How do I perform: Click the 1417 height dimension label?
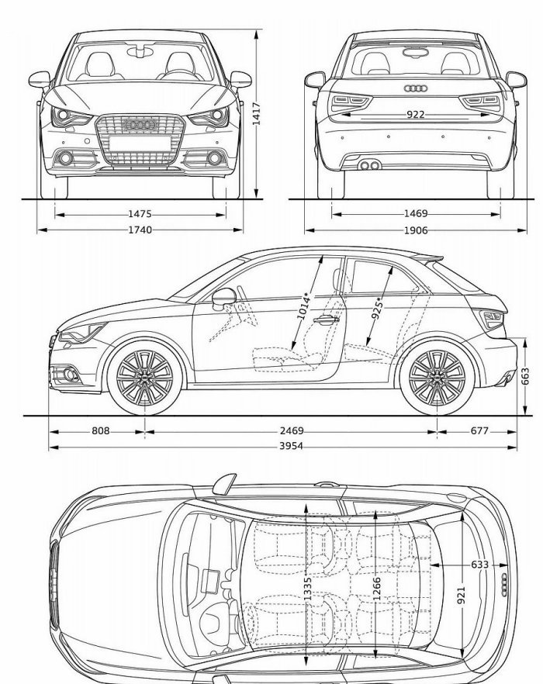(x=257, y=113)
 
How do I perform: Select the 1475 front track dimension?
(x=140, y=214)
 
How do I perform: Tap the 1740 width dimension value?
(x=140, y=230)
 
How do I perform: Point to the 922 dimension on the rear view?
(x=415, y=114)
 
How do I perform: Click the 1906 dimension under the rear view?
(x=415, y=230)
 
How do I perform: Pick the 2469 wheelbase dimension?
(x=291, y=430)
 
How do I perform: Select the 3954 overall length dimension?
(x=291, y=446)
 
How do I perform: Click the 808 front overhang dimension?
(x=100, y=430)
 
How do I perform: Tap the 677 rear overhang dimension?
(x=479, y=430)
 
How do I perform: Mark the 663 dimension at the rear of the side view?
(x=525, y=376)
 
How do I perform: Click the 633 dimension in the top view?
(x=479, y=565)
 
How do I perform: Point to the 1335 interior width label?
(x=307, y=589)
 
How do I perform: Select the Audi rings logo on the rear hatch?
(x=416, y=88)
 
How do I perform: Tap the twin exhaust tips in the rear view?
(x=369, y=165)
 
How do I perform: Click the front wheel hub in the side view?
(x=144, y=378)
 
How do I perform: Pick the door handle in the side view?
(x=326, y=320)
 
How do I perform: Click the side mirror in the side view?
(x=223, y=298)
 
